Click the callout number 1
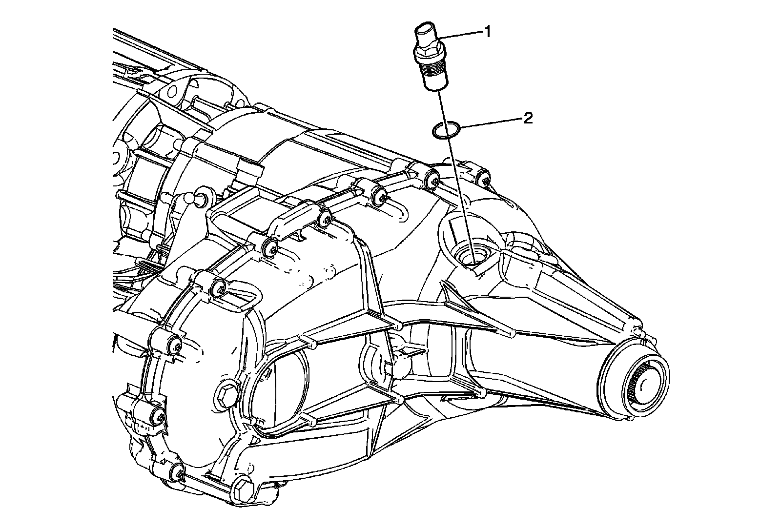487,32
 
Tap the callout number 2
527,119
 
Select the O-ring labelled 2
445,130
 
